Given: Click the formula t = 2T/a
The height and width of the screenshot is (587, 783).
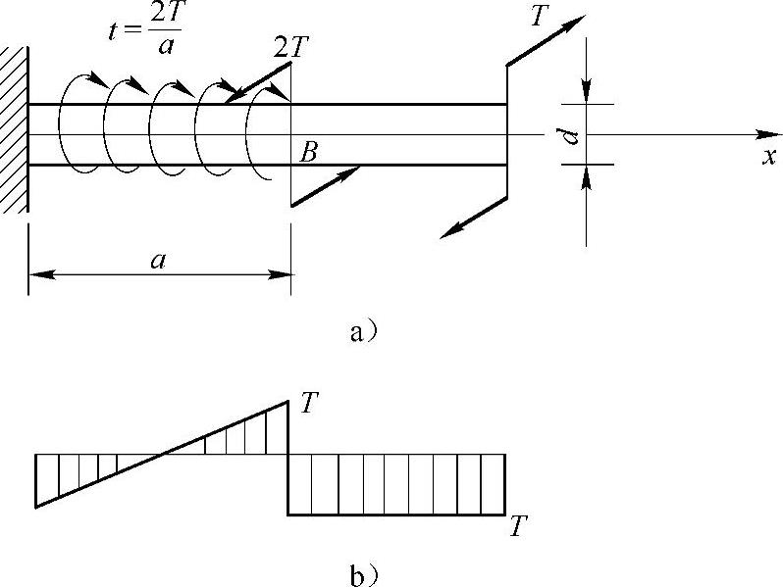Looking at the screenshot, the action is coord(145,30).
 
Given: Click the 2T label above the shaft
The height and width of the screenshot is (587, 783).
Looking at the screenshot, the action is coord(291,48).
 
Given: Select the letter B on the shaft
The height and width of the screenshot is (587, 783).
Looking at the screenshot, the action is coord(308,152).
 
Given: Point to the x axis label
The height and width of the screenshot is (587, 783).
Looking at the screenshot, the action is coord(769,156).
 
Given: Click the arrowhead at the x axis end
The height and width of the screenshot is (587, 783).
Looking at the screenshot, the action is coord(768,134).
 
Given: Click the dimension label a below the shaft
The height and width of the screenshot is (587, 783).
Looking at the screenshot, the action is coord(158,261).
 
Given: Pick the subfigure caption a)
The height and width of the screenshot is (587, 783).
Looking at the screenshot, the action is coord(363,332).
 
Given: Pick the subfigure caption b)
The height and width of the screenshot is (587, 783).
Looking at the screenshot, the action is coord(363,575).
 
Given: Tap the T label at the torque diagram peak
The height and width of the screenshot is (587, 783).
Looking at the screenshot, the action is coord(310,403).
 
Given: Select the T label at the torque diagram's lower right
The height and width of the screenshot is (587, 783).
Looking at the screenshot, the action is coord(518,525).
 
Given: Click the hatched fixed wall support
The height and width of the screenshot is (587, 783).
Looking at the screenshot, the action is coord(14,129).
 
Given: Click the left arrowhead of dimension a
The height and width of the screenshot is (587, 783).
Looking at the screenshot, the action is coord(42,274).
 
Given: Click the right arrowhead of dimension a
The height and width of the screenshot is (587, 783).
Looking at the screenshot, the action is coord(279,274).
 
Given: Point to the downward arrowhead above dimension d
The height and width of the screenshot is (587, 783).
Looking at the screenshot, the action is coord(586,91).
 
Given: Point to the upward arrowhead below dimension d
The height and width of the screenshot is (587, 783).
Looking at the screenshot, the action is coord(587,177).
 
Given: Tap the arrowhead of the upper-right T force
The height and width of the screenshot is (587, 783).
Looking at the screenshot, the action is coord(573,22).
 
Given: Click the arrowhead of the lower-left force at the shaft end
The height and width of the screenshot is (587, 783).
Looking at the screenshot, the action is coord(452,231).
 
